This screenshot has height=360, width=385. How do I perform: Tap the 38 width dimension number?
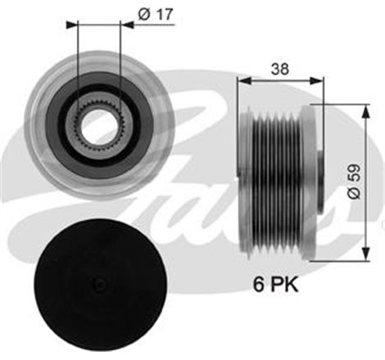point(281,70)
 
